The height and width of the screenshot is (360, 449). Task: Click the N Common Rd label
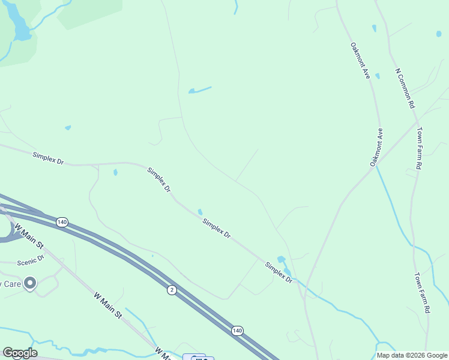point(405,88)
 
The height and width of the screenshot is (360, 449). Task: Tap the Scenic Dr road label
point(31,261)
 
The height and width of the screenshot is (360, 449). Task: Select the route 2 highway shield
point(172,290)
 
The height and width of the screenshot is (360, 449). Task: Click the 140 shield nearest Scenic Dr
point(62,223)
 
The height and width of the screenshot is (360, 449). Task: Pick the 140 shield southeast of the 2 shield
point(237,331)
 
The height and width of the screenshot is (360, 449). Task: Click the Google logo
point(20,353)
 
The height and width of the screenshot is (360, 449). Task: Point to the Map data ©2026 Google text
point(411,355)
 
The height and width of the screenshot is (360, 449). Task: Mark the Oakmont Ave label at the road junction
point(376,147)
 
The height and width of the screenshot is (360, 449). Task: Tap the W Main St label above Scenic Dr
point(29,236)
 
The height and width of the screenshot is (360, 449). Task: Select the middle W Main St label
point(108,305)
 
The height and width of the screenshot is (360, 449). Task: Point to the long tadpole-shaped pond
point(199,91)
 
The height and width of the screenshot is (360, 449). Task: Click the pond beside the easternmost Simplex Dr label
point(282,260)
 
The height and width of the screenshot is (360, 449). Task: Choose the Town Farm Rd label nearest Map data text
point(423,293)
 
